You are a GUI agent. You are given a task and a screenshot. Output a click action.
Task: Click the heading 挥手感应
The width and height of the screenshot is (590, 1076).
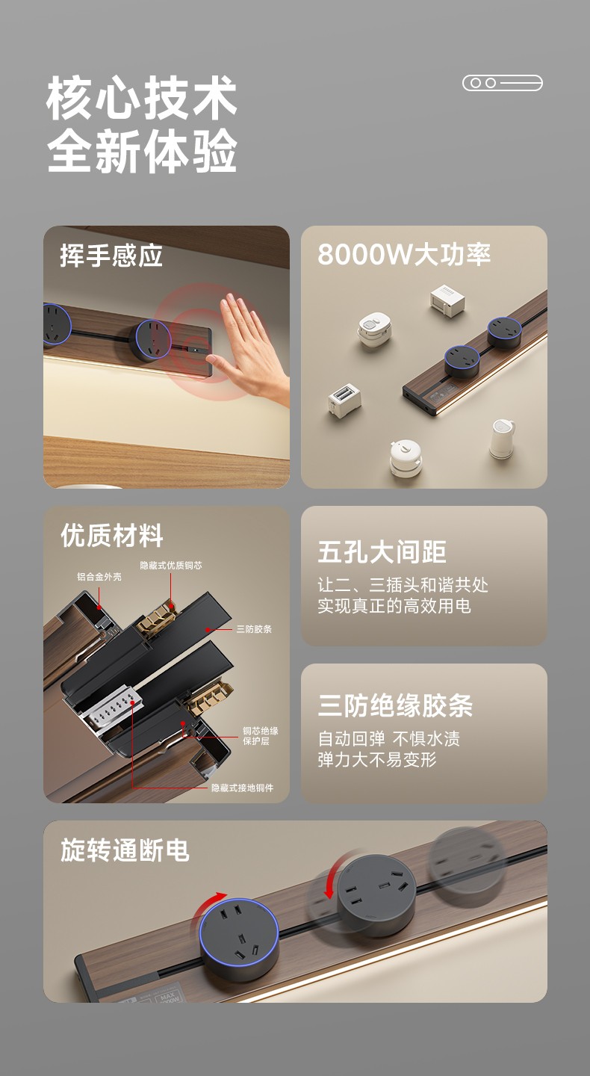111,256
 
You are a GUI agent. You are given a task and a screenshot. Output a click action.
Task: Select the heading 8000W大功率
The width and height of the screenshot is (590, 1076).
404,254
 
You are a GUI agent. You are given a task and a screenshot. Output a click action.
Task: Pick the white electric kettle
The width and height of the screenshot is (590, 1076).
502,439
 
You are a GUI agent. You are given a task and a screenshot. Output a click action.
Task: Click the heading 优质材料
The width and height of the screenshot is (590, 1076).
112,536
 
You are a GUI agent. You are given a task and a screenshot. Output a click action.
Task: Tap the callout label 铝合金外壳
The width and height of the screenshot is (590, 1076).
99,576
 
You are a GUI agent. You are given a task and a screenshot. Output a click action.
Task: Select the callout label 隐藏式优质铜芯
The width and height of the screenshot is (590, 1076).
171,566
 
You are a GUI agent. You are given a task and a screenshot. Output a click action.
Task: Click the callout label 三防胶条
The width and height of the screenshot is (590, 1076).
254,629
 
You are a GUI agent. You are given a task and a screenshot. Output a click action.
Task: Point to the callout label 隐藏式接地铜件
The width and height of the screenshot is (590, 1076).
243,788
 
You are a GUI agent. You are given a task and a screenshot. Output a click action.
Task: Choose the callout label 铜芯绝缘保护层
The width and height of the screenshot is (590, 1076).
260,736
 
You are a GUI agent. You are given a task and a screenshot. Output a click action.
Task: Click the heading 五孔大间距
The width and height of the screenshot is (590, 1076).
382,552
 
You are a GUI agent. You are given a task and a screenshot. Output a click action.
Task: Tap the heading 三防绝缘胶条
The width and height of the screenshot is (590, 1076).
395,705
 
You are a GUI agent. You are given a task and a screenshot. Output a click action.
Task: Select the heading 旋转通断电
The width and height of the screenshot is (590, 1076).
125,850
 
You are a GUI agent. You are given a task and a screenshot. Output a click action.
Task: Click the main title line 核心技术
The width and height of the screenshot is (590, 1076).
142,98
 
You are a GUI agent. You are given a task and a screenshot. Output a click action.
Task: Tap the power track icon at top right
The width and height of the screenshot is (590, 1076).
503,83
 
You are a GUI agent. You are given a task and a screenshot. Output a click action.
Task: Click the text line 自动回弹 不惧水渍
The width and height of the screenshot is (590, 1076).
389,739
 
